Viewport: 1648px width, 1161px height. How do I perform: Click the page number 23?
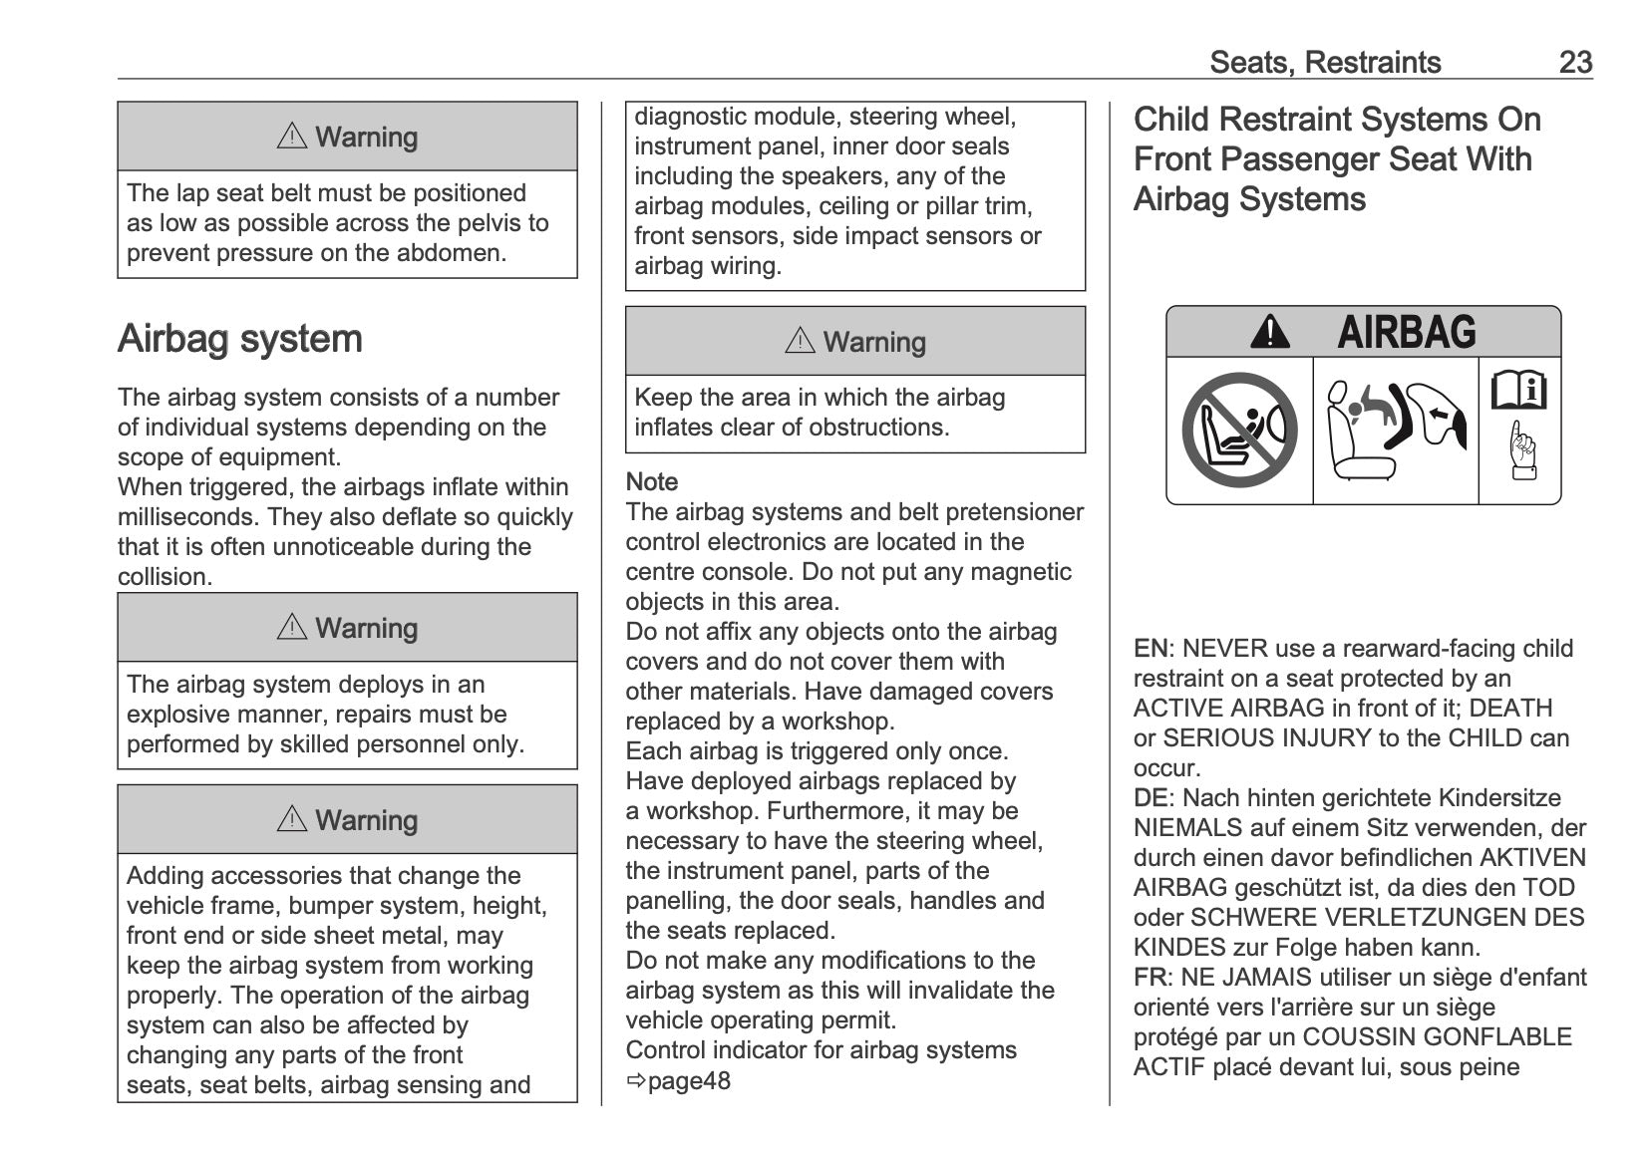tap(1575, 62)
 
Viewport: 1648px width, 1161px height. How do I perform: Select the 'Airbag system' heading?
tap(239, 339)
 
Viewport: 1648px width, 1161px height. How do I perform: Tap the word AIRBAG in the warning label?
tap(1406, 332)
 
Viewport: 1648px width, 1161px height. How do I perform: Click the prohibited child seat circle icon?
tap(1239, 431)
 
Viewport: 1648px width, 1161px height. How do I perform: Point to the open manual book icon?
tap(1518, 390)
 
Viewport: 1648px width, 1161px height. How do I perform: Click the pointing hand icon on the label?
tap(1521, 451)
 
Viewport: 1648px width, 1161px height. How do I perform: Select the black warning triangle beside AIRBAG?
tap(1269, 332)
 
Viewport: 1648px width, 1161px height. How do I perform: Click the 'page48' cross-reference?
tap(688, 1080)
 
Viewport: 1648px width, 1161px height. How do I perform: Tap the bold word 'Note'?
tap(651, 481)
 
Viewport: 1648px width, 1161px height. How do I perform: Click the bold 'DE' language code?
tap(1150, 798)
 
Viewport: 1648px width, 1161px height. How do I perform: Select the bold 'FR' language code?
tap(1150, 978)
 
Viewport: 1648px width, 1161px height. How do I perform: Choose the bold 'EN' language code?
tap(1150, 649)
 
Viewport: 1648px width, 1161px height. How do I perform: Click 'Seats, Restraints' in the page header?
tap(1325, 62)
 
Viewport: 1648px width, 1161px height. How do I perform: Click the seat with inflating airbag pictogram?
tap(1395, 431)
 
